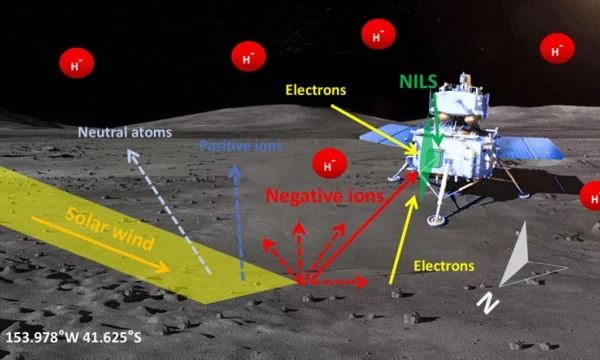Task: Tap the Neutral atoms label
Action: tap(126, 132)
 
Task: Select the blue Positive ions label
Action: tap(240, 146)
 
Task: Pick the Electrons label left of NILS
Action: tap(316, 90)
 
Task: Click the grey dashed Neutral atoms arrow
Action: tap(167, 211)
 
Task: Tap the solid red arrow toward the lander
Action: tap(360, 235)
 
